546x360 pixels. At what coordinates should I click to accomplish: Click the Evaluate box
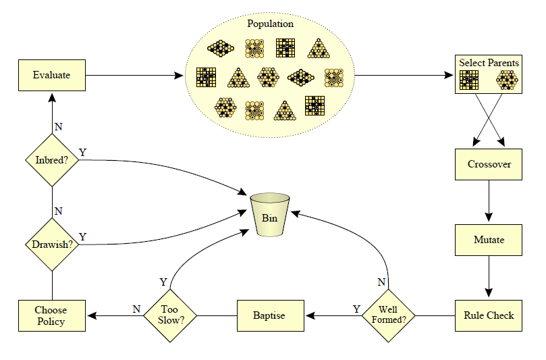tap(51, 75)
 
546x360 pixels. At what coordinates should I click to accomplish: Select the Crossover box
tap(489, 164)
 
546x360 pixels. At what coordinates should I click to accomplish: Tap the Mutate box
tap(489, 239)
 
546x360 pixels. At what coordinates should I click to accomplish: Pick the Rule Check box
tap(489, 315)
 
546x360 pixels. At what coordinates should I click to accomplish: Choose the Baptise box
tap(269, 315)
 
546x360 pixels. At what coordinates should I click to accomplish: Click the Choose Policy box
tap(51, 315)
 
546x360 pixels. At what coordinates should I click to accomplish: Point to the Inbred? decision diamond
tap(52, 160)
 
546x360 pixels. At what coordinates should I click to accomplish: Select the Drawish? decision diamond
tap(52, 244)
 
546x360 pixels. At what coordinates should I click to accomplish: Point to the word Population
tap(270, 24)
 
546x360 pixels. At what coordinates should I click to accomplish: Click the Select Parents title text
tap(489, 63)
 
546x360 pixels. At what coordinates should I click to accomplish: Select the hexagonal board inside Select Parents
tap(506, 80)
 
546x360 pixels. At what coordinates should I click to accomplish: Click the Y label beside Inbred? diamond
tap(83, 152)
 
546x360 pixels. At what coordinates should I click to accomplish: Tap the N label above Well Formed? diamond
tap(381, 281)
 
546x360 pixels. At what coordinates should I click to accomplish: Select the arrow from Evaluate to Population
tap(135, 76)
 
